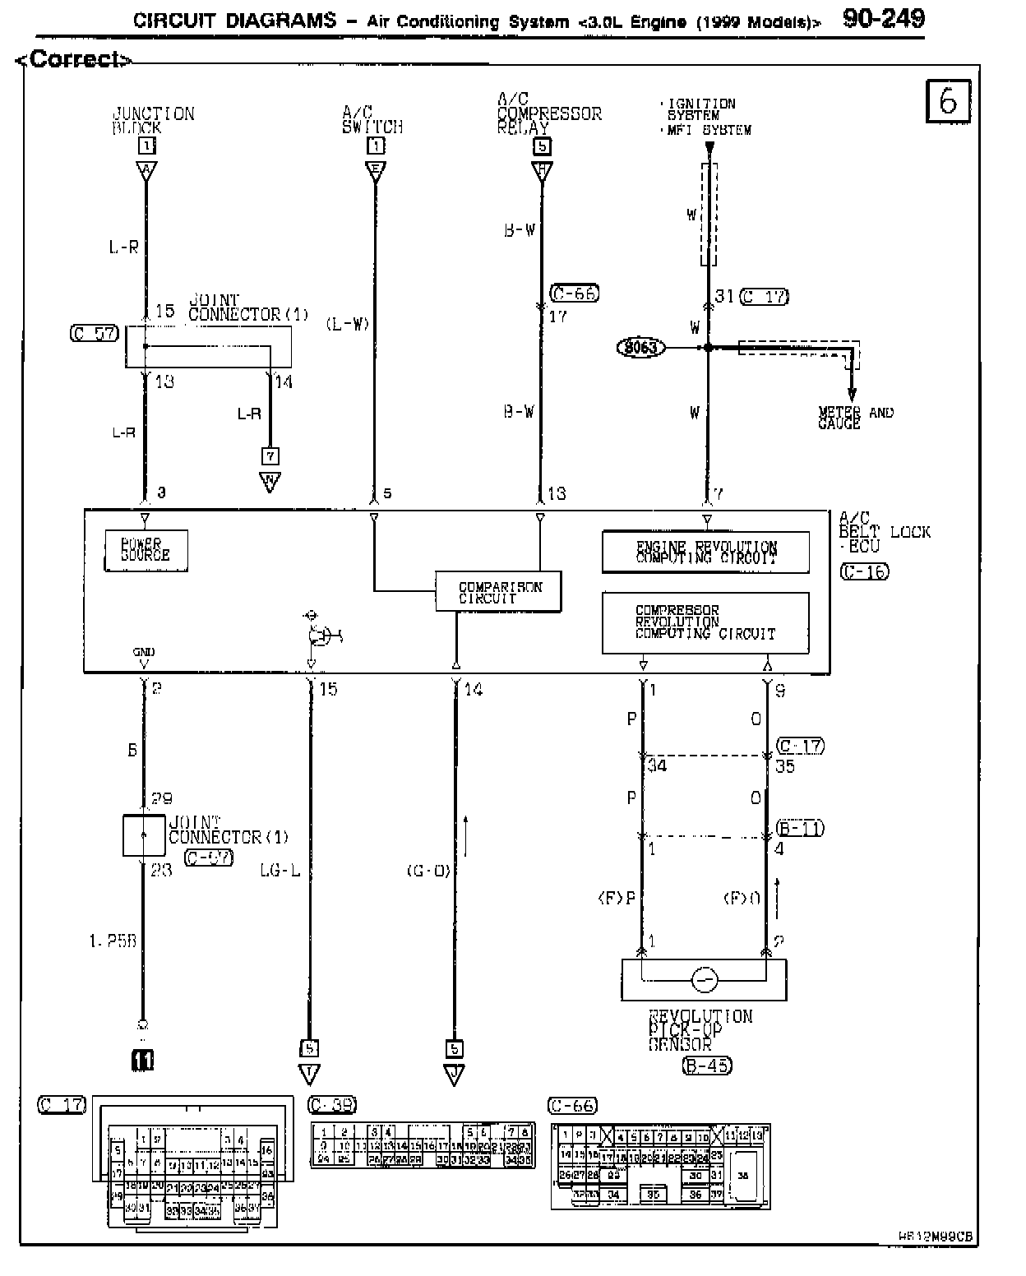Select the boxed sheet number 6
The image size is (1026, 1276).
pyautogui.click(x=948, y=101)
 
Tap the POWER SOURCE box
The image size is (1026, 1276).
pyautogui.click(x=146, y=550)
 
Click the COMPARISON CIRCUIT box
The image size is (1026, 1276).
pyautogui.click(x=498, y=591)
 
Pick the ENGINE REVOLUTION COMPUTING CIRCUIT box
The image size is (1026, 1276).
pyautogui.click(x=705, y=552)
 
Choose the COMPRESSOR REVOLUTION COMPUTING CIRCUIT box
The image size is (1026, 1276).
pyautogui.click(x=705, y=622)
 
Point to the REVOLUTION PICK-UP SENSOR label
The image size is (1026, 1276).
pyautogui.click(x=700, y=1030)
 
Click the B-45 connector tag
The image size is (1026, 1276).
pyautogui.click(x=706, y=1066)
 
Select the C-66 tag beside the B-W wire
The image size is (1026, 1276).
pyautogui.click(x=575, y=293)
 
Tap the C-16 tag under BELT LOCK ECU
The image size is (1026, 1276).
pyautogui.click(x=865, y=571)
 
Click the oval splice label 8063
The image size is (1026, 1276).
pyautogui.click(x=640, y=348)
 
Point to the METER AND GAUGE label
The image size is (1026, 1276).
pyautogui.click(x=855, y=418)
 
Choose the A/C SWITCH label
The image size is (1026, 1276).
pyautogui.click(x=372, y=120)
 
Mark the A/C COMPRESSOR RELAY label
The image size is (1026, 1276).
pyautogui.click(x=548, y=113)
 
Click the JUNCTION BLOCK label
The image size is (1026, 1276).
pyautogui.click(x=153, y=120)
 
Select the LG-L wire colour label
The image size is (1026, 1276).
pyautogui.click(x=280, y=870)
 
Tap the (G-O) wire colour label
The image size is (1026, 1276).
pyautogui.click(x=428, y=870)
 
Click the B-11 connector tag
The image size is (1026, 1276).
pyautogui.click(x=800, y=828)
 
